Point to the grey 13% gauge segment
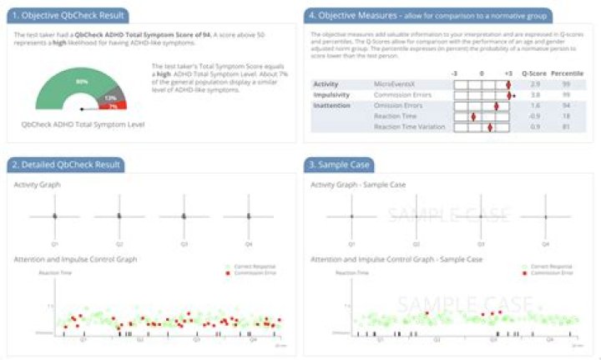click(x=109, y=97)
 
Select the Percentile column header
click(x=568, y=74)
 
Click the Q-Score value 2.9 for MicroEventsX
click(x=534, y=84)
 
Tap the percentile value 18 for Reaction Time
click(x=568, y=116)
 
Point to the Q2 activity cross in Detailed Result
click(x=119, y=216)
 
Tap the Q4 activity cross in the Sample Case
click(x=546, y=216)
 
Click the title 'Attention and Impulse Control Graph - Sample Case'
click(x=396, y=259)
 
